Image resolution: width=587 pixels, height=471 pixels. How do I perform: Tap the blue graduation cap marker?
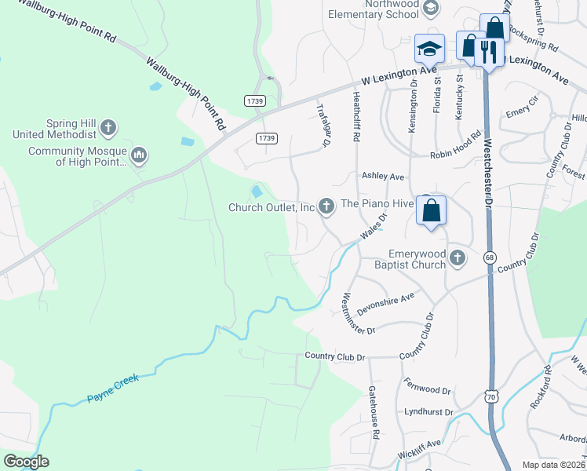pos(429,49)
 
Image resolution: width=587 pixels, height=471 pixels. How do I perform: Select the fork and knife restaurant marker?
pos(488,54)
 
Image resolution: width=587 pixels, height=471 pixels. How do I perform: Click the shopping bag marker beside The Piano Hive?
pos(431,210)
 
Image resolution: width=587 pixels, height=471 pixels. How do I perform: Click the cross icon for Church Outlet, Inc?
pos(326,206)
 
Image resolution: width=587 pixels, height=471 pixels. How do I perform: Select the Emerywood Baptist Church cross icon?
pos(458,258)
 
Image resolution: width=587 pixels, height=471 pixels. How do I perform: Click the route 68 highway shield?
pos(490,257)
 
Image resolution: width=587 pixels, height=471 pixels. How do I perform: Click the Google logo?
pos(25,462)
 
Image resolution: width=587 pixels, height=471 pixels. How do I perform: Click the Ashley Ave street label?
pos(381,177)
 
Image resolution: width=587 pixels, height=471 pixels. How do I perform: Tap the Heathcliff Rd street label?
pos(355,116)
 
